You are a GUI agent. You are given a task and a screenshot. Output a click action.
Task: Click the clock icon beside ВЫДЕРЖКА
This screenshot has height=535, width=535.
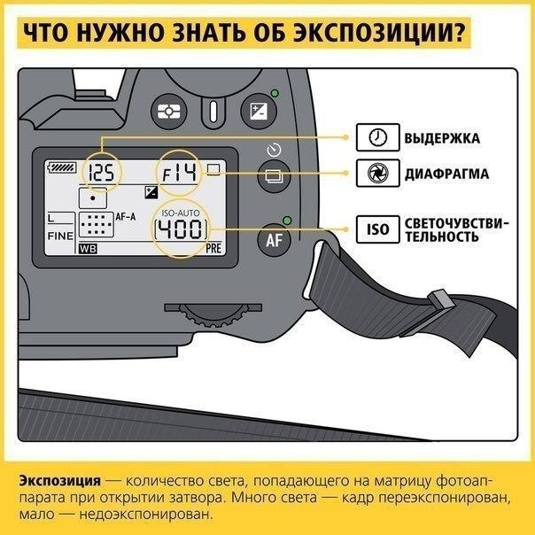click(x=377, y=137)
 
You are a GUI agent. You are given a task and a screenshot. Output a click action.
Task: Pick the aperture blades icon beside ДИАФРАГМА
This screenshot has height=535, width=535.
click(x=377, y=173)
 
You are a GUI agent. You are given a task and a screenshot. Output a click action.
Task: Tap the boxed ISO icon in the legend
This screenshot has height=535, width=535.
click(x=377, y=229)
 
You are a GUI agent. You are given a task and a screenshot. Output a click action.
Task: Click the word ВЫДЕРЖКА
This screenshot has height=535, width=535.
click(x=442, y=138)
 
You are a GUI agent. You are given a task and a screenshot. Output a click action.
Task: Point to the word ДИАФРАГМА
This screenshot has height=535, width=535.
click(x=446, y=174)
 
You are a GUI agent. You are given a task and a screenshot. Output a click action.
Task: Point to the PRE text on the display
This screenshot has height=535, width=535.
click(x=213, y=249)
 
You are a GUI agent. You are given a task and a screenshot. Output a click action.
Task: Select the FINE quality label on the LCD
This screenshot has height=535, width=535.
click(x=60, y=237)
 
